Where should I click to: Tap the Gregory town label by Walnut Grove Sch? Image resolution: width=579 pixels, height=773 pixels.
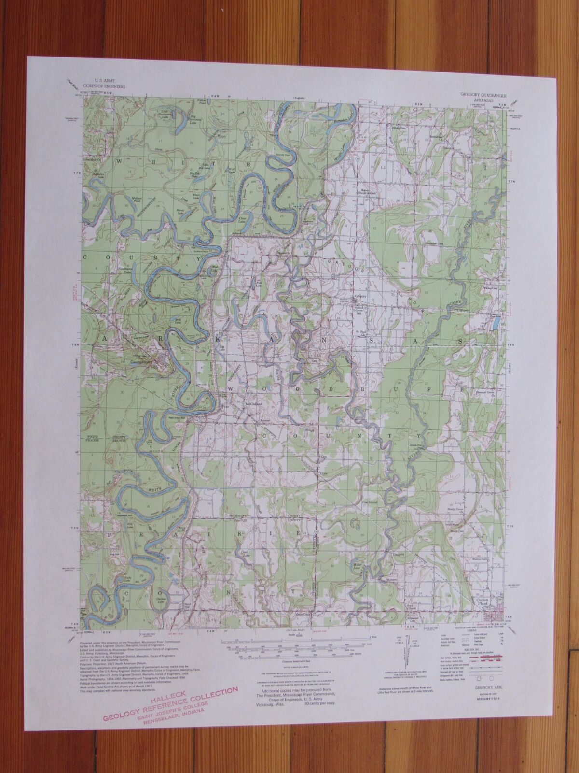pos(361,297)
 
